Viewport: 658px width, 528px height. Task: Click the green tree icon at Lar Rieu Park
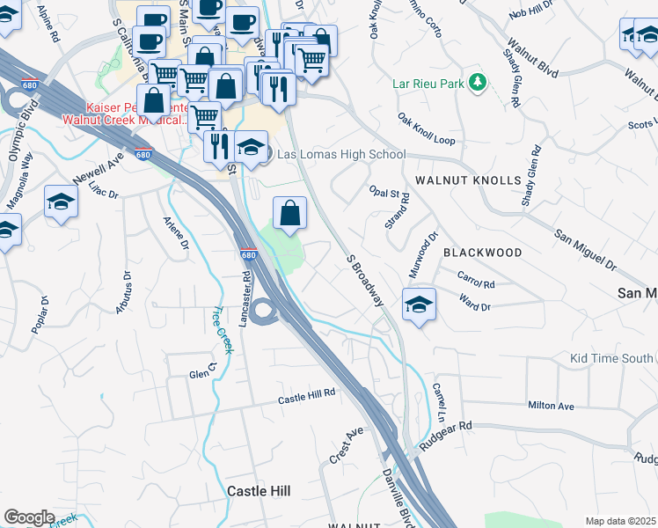coord(478,83)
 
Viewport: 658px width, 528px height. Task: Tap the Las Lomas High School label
coord(341,154)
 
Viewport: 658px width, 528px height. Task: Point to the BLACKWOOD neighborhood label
coord(482,253)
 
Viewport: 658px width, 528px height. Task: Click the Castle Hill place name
coord(260,490)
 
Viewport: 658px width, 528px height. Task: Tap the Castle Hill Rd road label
coord(307,398)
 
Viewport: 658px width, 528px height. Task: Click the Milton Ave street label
coord(551,406)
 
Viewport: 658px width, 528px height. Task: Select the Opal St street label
coord(384,192)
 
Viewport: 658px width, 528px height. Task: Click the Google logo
coord(29,517)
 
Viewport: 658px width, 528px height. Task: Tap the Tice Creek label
coord(223,330)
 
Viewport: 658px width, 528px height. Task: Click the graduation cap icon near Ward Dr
coord(420,305)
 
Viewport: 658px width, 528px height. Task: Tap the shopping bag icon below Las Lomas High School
coord(289,212)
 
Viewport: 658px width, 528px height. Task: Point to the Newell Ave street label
coord(104,165)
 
